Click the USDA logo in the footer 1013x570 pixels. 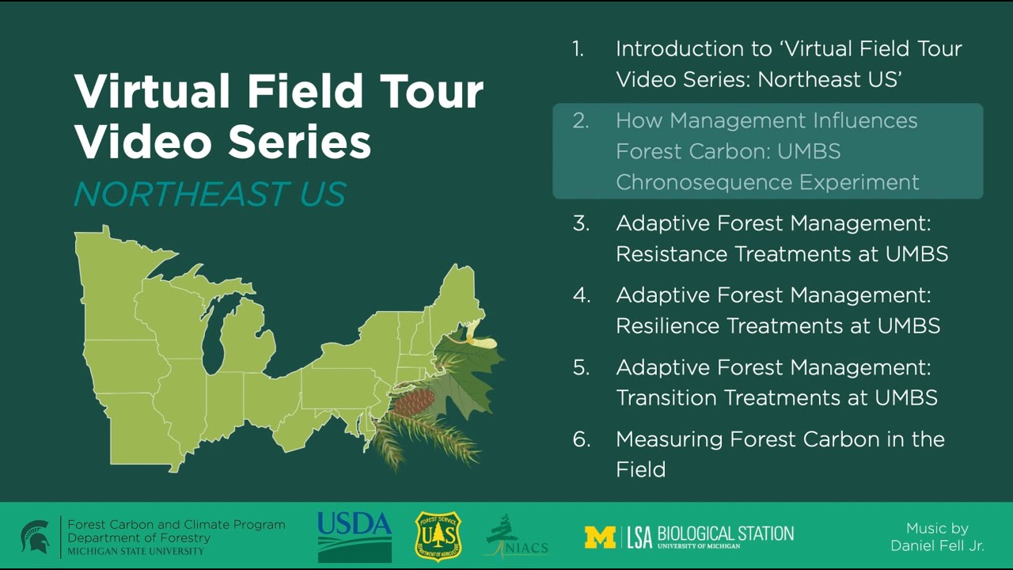click(355, 536)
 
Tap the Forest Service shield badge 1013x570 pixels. click(438, 536)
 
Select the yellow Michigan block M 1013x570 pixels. click(600, 537)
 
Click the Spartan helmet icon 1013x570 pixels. click(35, 536)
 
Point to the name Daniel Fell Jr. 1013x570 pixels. click(937, 545)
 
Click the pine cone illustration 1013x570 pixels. click(414, 402)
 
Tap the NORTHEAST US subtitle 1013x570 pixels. click(210, 195)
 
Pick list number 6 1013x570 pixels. click(582, 439)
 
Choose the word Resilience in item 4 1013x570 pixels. click(667, 325)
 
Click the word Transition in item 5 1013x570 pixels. click(666, 397)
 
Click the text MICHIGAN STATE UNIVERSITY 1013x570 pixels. click(135, 551)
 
